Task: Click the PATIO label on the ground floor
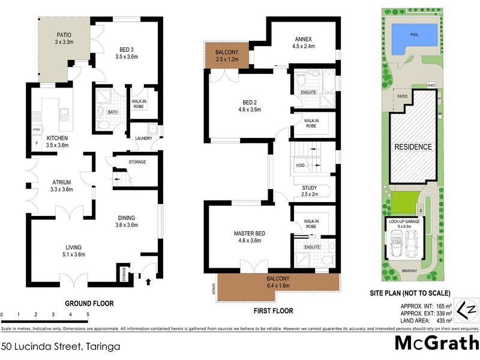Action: [x=64, y=35]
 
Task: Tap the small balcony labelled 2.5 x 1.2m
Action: [x=223, y=56]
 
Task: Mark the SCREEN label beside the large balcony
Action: [x=212, y=291]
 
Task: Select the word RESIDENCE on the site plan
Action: [x=412, y=147]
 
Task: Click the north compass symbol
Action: [x=463, y=311]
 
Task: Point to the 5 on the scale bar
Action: [x=88, y=314]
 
